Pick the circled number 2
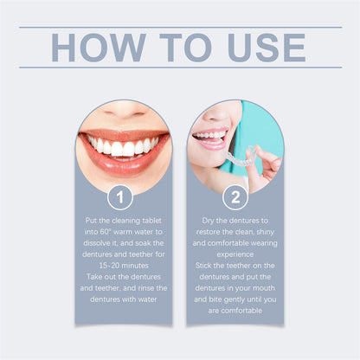[235, 197]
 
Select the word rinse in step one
[139, 287]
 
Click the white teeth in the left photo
[123, 146]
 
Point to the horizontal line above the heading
[179, 27]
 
